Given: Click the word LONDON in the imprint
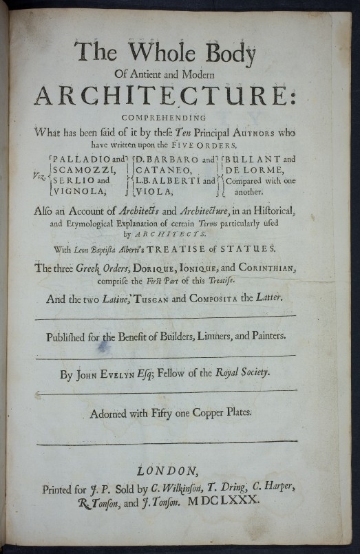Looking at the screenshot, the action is click(x=167, y=471).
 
